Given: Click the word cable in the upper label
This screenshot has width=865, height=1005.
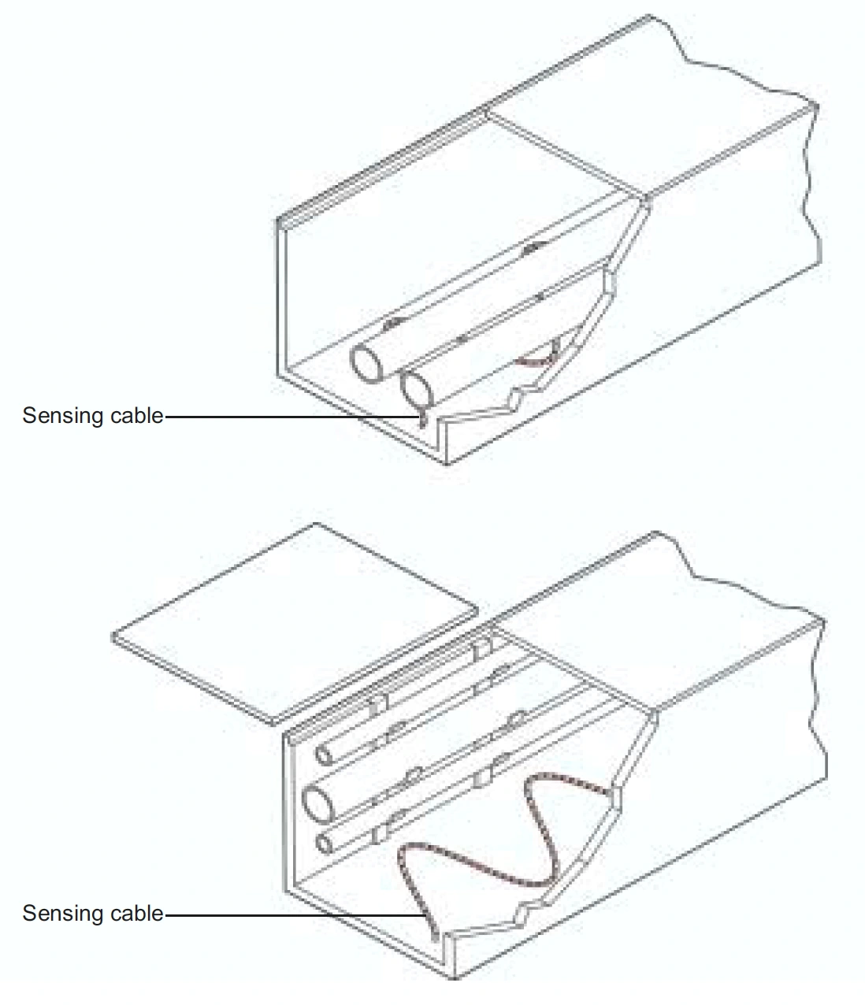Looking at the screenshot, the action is pos(137,416).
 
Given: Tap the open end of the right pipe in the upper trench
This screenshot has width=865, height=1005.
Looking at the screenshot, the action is pos(417,390).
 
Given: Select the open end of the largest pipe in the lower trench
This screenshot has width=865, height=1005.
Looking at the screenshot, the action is pos(318,807).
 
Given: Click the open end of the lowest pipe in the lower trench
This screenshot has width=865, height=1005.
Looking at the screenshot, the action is pos(325,844).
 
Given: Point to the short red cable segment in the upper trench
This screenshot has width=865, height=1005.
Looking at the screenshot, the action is pos(537,360).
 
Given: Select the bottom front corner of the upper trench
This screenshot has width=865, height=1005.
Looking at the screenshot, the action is pos(447,465).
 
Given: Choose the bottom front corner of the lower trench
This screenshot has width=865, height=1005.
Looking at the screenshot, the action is pos(454,978).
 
